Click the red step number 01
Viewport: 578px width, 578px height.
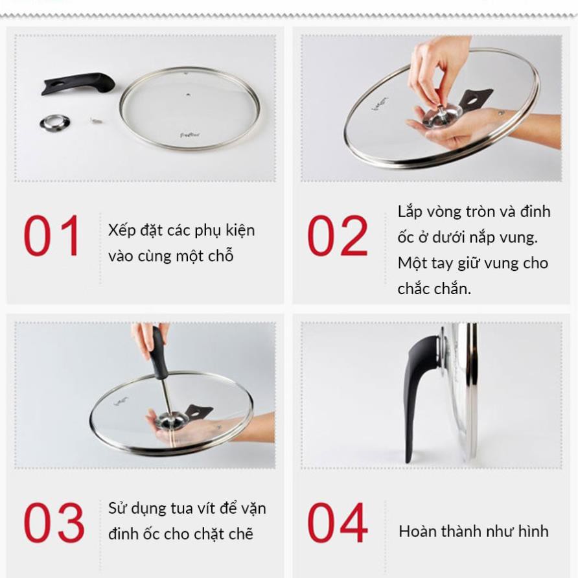(51, 235)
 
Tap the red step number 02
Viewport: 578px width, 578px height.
(338, 235)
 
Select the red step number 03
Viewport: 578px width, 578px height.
(54, 522)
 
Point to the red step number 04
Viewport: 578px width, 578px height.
(338, 522)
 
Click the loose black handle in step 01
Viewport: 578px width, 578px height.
(78, 84)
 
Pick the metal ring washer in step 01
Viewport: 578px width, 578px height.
(54, 122)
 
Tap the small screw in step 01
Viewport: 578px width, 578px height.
(96, 120)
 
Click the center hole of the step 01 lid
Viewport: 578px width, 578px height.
(189, 95)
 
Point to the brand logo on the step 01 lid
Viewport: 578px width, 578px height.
(190, 135)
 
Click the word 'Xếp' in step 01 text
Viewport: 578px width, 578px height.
(121, 231)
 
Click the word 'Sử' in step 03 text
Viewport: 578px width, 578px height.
(116, 508)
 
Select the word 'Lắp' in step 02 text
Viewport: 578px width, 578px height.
(410, 213)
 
